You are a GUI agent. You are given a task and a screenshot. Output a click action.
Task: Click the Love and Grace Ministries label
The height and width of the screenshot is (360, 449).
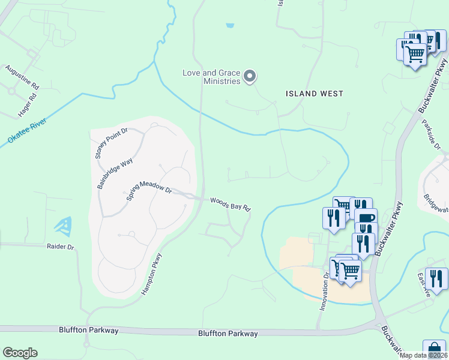[x=211, y=77]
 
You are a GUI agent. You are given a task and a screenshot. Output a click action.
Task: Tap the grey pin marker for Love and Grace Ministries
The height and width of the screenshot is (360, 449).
[x=250, y=77]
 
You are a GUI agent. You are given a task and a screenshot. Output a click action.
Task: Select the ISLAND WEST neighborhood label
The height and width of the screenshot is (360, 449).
[x=314, y=94]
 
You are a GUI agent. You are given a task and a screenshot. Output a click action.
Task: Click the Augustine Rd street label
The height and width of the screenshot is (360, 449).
[x=22, y=77]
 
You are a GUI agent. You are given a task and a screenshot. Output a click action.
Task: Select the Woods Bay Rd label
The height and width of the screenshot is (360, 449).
[x=230, y=204]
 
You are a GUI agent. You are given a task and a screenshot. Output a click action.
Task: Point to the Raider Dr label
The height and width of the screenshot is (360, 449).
[x=60, y=247]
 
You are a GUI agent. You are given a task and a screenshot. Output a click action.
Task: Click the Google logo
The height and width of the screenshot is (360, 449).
[x=20, y=353]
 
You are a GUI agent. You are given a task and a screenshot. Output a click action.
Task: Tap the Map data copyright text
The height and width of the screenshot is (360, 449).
[x=424, y=355]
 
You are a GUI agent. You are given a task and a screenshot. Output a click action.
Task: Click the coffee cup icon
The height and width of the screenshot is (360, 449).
[x=365, y=218]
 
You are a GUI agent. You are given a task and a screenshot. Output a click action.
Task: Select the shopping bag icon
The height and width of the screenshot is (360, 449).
[x=434, y=349]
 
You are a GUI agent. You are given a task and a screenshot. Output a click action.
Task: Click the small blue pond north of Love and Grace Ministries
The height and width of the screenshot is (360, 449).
[x=230, y=25]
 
